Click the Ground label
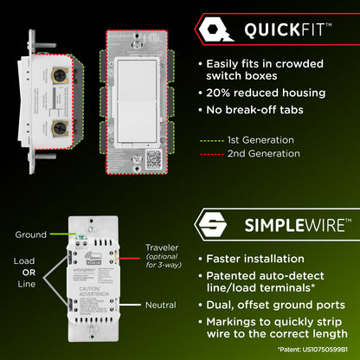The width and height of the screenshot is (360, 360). point(30,235)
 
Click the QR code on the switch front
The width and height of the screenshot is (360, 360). point(153,158)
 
